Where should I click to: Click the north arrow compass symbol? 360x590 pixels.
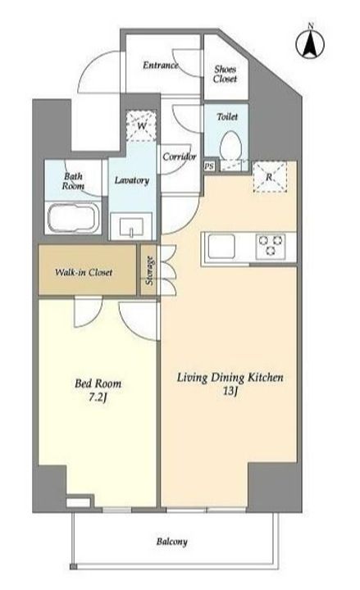[x=310, y=43]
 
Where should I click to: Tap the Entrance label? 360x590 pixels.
[x=161, y=65]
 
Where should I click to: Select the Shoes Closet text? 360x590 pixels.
[x=226, y=74]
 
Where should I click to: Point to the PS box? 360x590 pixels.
[x=209, y=166]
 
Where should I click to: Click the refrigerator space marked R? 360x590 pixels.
[x=270, y=177]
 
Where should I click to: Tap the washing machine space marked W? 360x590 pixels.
[x=141, y=125]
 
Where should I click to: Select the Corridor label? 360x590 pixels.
[x=180, y=157]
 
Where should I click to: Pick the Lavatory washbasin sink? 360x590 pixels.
[x=131, y=226]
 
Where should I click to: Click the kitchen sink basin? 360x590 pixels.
[x=221, y=246]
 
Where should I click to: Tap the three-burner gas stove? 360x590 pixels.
[x=271, y=247]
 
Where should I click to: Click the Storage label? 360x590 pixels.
[x=149, y=270]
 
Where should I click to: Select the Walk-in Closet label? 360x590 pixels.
[x=84, y=272]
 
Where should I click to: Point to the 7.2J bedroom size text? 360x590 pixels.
[x=98, y=397]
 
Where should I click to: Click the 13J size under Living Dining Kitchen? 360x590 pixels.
[x=230, y=392]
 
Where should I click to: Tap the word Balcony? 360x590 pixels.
[x=171, y=542]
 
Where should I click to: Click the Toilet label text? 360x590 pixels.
[x=227, y=116]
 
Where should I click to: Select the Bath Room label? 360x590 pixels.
[x=74, y=181]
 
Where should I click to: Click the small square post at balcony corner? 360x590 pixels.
[x=74, y=567]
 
